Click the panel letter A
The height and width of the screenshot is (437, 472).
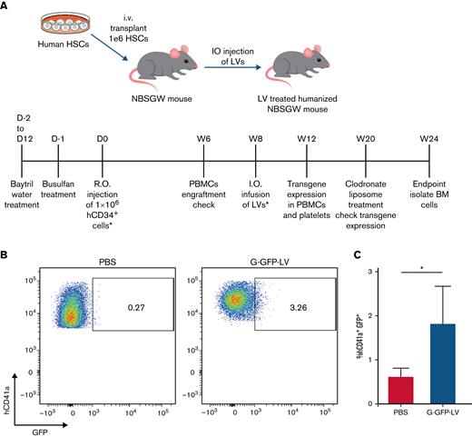pos(6,7)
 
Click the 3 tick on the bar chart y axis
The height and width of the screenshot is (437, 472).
pos(373,273)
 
